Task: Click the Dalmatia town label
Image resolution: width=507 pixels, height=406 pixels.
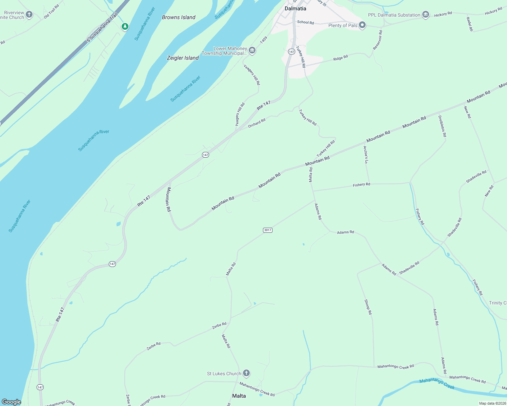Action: [x=295, y=8]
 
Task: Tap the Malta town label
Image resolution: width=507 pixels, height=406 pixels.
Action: [x=239, y=396]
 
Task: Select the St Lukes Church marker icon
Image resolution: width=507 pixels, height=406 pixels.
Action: [x=246, y=373]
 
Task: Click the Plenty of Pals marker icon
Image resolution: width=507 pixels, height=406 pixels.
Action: [x=362, y=25]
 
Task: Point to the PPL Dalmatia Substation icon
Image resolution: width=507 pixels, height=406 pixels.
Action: [x=426, y=15]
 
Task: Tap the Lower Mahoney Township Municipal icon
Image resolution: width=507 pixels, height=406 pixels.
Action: [x=252, y=51]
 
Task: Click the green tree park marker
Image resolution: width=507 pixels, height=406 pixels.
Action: [x=125, y=26]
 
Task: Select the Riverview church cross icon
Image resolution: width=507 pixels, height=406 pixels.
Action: [x=29, y=14]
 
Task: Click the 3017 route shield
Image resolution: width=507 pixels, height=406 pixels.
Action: [x=267, y=230]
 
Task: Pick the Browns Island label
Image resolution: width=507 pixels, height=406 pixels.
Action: [x=179, y=17]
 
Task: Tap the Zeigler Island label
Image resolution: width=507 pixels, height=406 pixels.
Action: [x=183, y=58]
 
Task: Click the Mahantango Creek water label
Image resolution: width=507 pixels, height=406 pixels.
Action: [x=437, y=384]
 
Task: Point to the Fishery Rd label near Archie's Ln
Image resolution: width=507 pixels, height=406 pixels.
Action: [x=361, y=185]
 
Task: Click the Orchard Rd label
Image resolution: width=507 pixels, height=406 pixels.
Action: [x=257, y=123]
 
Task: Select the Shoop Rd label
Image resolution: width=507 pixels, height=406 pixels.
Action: [x=368, y=307]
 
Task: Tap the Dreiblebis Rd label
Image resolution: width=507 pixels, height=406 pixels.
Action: [x=442, y=126]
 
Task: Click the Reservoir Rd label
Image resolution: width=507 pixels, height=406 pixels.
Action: [x=378, y=40]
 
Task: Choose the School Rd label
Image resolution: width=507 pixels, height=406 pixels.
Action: [x=305, y=22]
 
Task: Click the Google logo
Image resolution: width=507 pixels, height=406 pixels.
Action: [x=12, y=402]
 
